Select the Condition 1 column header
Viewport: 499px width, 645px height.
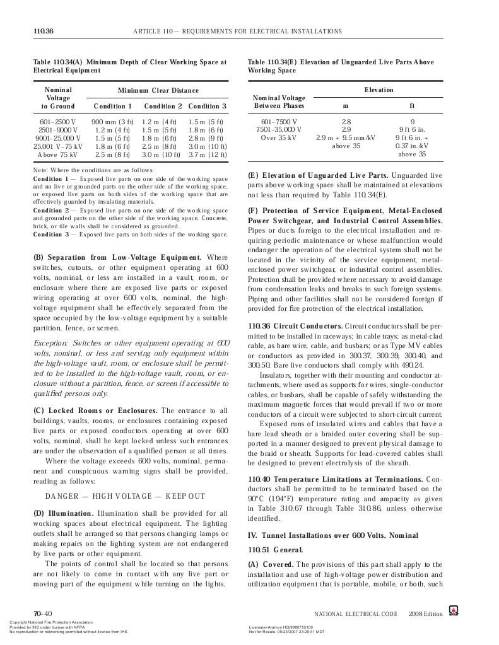[x=113, y=106]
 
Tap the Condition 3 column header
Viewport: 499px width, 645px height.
[x=208, y=106]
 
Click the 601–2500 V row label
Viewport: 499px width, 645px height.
[x=57, y=120]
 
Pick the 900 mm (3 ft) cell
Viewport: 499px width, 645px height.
[x=113, y=120]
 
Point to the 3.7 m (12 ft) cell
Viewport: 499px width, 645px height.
[x=208, y=154]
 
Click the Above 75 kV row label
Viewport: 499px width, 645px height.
[x=57, y=154]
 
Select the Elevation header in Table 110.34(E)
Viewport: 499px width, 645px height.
[x=379, y=90]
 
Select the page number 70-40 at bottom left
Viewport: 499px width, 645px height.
[x=43, y=613]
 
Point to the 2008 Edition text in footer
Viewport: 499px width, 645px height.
[x=426, y=613]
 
